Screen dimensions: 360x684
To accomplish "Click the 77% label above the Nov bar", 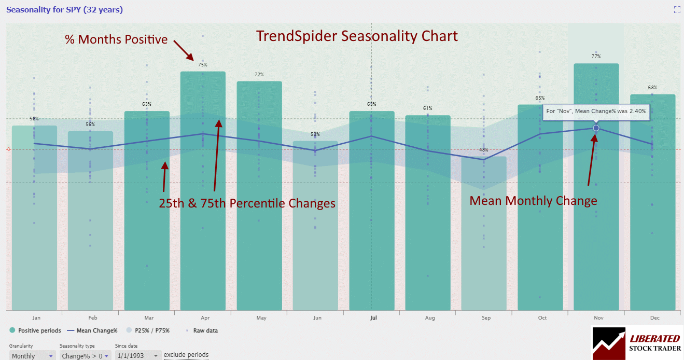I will (x=596, y=57).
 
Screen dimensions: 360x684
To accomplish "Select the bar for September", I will (x=484, y=233).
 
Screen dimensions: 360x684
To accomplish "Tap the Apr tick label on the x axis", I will (x=204, y=318).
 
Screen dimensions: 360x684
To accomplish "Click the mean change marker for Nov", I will (x=596, y=128).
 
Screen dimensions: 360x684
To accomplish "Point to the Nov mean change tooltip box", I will (x=596, y=112).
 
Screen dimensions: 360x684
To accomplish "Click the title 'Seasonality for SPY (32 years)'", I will (x=64, y=10).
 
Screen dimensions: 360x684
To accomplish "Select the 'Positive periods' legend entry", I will (x=35, y=330).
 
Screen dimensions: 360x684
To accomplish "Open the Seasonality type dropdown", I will (x=85, y=356).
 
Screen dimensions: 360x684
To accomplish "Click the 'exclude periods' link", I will (x=186, y=355).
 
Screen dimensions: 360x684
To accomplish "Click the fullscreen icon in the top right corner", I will (x=677, y=9).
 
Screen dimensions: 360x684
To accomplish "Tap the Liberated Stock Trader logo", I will (x=636, y=343).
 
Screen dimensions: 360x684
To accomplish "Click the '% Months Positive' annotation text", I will (x=116, y=39).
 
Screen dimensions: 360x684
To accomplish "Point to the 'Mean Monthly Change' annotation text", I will (x=533, y=201).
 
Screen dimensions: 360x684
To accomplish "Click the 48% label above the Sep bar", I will (x=484, y=150).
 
